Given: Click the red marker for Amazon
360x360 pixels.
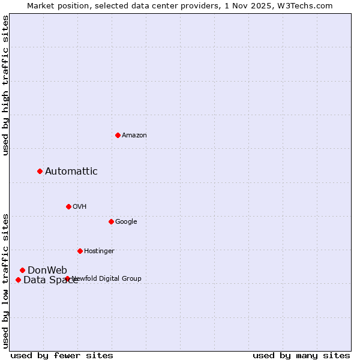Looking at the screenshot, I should click(118, 135).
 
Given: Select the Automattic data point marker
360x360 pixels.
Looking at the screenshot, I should click(40, 171).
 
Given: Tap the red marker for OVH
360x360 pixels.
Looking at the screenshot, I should click(68, 206).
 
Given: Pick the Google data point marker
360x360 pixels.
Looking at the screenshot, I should click(111, 221).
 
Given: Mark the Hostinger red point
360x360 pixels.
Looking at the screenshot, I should click(80, 251).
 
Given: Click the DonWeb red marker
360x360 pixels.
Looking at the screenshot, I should click(22, 270).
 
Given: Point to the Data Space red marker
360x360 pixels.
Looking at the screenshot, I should click(18, 280).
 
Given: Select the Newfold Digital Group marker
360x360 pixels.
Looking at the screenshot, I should click(67, 278).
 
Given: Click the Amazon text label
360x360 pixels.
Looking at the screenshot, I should click(134, 136).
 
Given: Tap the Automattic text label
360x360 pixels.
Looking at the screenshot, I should click(71, 172).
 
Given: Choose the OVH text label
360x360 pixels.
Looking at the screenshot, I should click(80, 207).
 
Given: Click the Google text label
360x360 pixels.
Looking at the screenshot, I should click(126, 222).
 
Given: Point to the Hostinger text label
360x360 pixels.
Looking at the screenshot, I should click(99, 251).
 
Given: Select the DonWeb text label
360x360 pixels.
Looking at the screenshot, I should click(47, 270).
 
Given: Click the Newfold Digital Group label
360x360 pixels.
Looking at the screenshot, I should click(107, 278).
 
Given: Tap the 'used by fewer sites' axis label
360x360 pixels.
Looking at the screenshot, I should click(62, 355).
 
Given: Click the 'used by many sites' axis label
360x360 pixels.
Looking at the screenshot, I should click(301, 355).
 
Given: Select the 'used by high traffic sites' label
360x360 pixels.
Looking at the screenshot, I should click(5, 86).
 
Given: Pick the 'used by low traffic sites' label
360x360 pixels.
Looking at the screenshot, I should click(5, 280).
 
